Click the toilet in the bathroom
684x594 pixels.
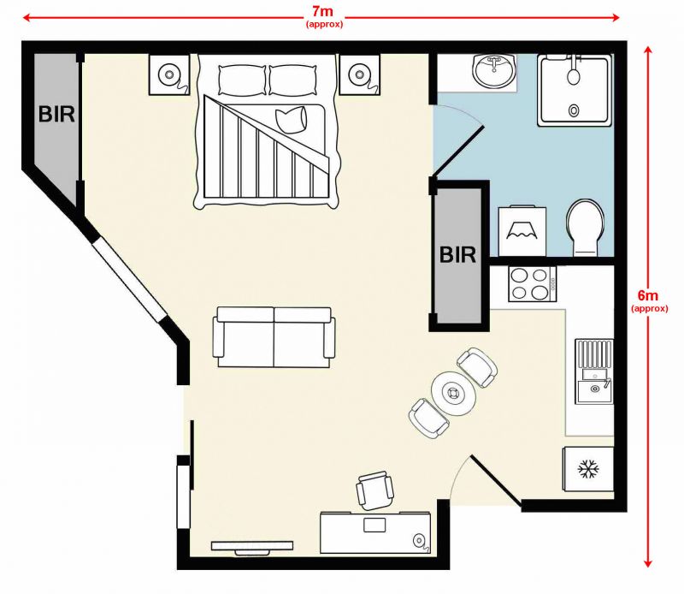(x=586, y=228)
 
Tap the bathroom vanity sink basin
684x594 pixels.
(x=494, y=71)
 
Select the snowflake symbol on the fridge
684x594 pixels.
(x=588, y=470)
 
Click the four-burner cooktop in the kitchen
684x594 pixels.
(x=532, y=284)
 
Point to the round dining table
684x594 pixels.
(x=454, y=394)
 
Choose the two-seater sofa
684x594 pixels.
(x=274, y=336)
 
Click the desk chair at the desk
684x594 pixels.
(x=375, y=490)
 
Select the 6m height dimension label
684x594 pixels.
(x=649, y=300)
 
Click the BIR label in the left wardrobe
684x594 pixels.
(x=56, y=115)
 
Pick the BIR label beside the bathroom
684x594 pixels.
(x=457, y=255)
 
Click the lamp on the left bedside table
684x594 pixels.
(x=168, y=74)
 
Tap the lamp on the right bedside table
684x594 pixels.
(x=359, y=74)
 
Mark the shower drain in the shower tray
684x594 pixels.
(x=574, y=110)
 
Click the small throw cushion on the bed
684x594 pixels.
(x=292, y=120)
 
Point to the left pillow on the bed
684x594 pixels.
(x=242, y=80)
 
